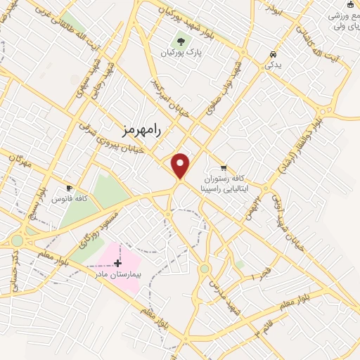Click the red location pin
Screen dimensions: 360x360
tap(181, 165)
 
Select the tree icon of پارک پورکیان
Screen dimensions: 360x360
tap(181, 41)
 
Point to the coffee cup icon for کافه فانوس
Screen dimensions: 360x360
tap(69, 188)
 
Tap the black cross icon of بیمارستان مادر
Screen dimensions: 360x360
tap(117, 263)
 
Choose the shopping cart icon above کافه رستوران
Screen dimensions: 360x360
tap(224, 167)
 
